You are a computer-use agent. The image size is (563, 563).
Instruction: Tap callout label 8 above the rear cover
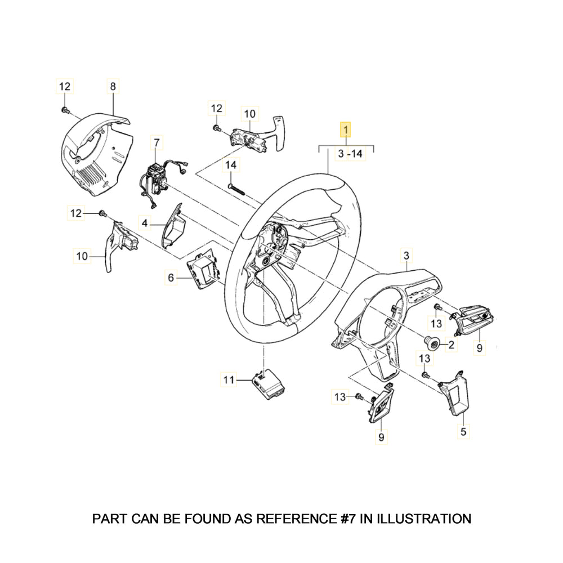(113, 86)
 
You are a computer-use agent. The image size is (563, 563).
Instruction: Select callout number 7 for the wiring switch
(157, 144)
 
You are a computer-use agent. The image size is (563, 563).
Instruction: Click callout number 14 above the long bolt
(231, 165)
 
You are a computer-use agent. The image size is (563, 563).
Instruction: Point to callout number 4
(145, 224)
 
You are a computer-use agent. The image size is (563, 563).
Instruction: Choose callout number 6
(171, 277)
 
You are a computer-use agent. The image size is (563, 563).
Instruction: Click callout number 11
(228, 380)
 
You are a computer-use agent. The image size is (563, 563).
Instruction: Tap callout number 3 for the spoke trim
(406, 256)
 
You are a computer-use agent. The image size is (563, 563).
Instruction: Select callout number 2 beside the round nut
(451, 344)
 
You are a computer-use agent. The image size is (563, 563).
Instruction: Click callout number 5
(463, 432)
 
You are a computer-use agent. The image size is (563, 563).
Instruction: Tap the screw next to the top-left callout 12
(65, 109)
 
